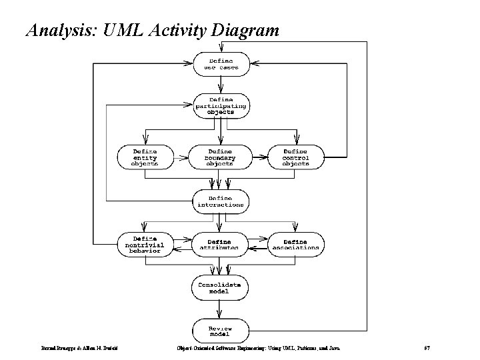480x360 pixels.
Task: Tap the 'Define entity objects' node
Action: (145, 157)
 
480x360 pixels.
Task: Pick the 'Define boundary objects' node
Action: (220, 157)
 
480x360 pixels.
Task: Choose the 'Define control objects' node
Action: (295, 157)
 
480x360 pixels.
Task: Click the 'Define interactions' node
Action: (220, 201)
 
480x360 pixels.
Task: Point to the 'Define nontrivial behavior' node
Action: (145, 244)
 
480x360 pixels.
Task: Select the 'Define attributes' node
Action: (220, 244)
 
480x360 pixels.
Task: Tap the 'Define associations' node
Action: (295, 244)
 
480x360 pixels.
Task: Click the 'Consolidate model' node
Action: (220, 287)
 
